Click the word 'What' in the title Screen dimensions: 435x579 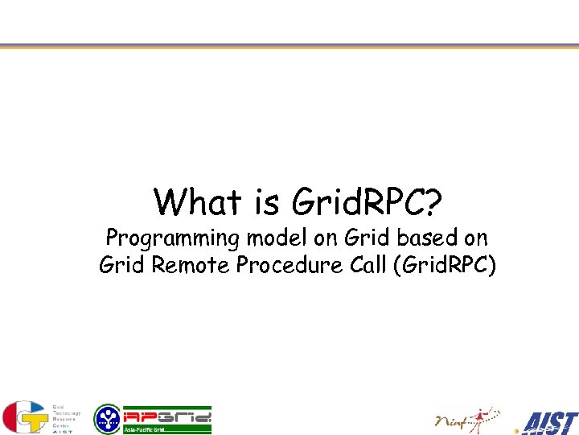tap(200, 202)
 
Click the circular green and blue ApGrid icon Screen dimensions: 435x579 tap(107, 419)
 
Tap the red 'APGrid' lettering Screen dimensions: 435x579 tap(167, 416)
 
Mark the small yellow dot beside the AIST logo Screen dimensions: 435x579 tap(517, 430)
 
